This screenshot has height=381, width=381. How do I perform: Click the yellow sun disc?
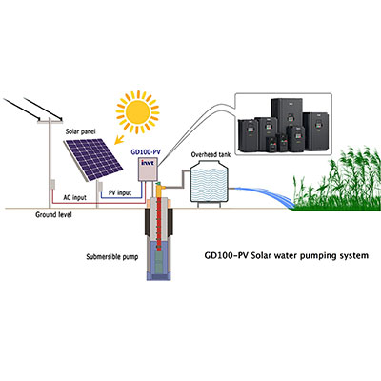tap(137, 111)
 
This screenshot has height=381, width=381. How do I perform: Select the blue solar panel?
tap(93, 159)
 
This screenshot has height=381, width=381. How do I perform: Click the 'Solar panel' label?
tap(80, 131)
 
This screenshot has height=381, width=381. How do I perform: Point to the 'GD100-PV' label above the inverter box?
tap(146, 152)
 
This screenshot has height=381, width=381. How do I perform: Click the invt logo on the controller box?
tap(148, 163)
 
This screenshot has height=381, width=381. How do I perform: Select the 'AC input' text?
tap(74, 197)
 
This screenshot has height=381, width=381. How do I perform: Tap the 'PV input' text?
tap(120, 192)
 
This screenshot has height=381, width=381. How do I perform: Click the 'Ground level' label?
tap(53, 215)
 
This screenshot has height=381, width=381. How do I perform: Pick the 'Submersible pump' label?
tap(112, 257)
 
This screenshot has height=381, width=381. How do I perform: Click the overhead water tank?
tap(210, 183)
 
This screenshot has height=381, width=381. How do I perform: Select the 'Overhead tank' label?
tap(211, 154)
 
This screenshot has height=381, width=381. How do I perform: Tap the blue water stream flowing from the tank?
tap(267, 194)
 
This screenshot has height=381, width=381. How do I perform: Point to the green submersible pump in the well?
tap(160, 259)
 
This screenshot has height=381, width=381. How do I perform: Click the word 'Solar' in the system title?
tap(263, 255)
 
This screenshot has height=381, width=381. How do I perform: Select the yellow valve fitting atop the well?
tap(159, 188)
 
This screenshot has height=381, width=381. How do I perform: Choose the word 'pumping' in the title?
tap(326, 256)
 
